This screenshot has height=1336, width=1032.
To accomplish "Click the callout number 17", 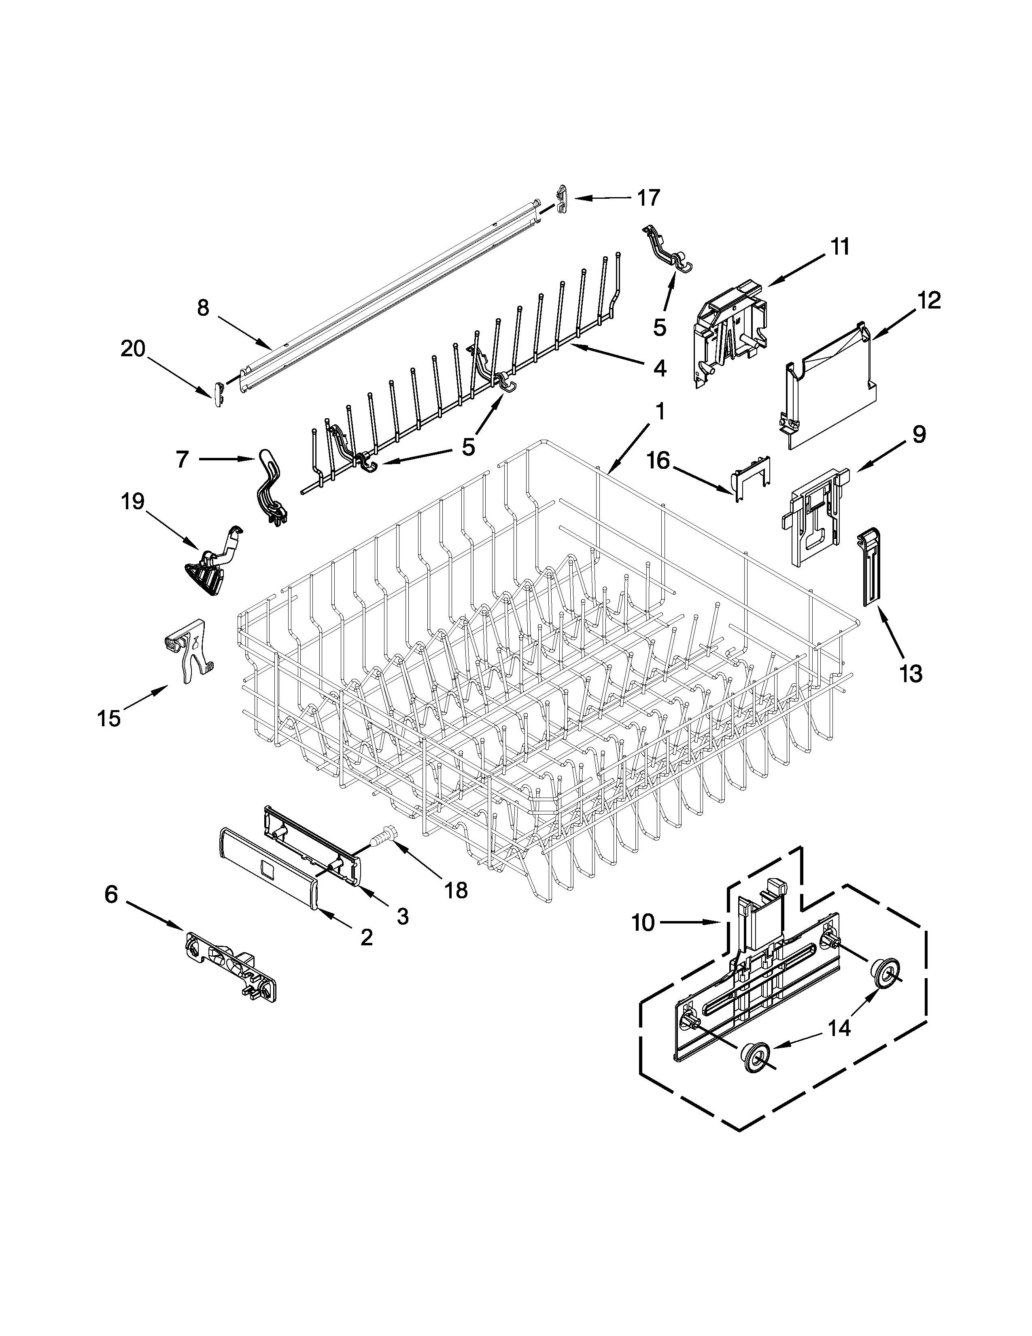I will click(x=649, y=198).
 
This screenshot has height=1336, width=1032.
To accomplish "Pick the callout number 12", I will click(x=928, y=300).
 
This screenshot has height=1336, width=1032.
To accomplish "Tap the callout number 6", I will click(x=110, y=894).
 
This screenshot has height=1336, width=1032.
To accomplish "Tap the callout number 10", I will click(x=643, y=939).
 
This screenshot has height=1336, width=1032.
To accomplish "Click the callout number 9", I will click(x=919, y=434).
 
